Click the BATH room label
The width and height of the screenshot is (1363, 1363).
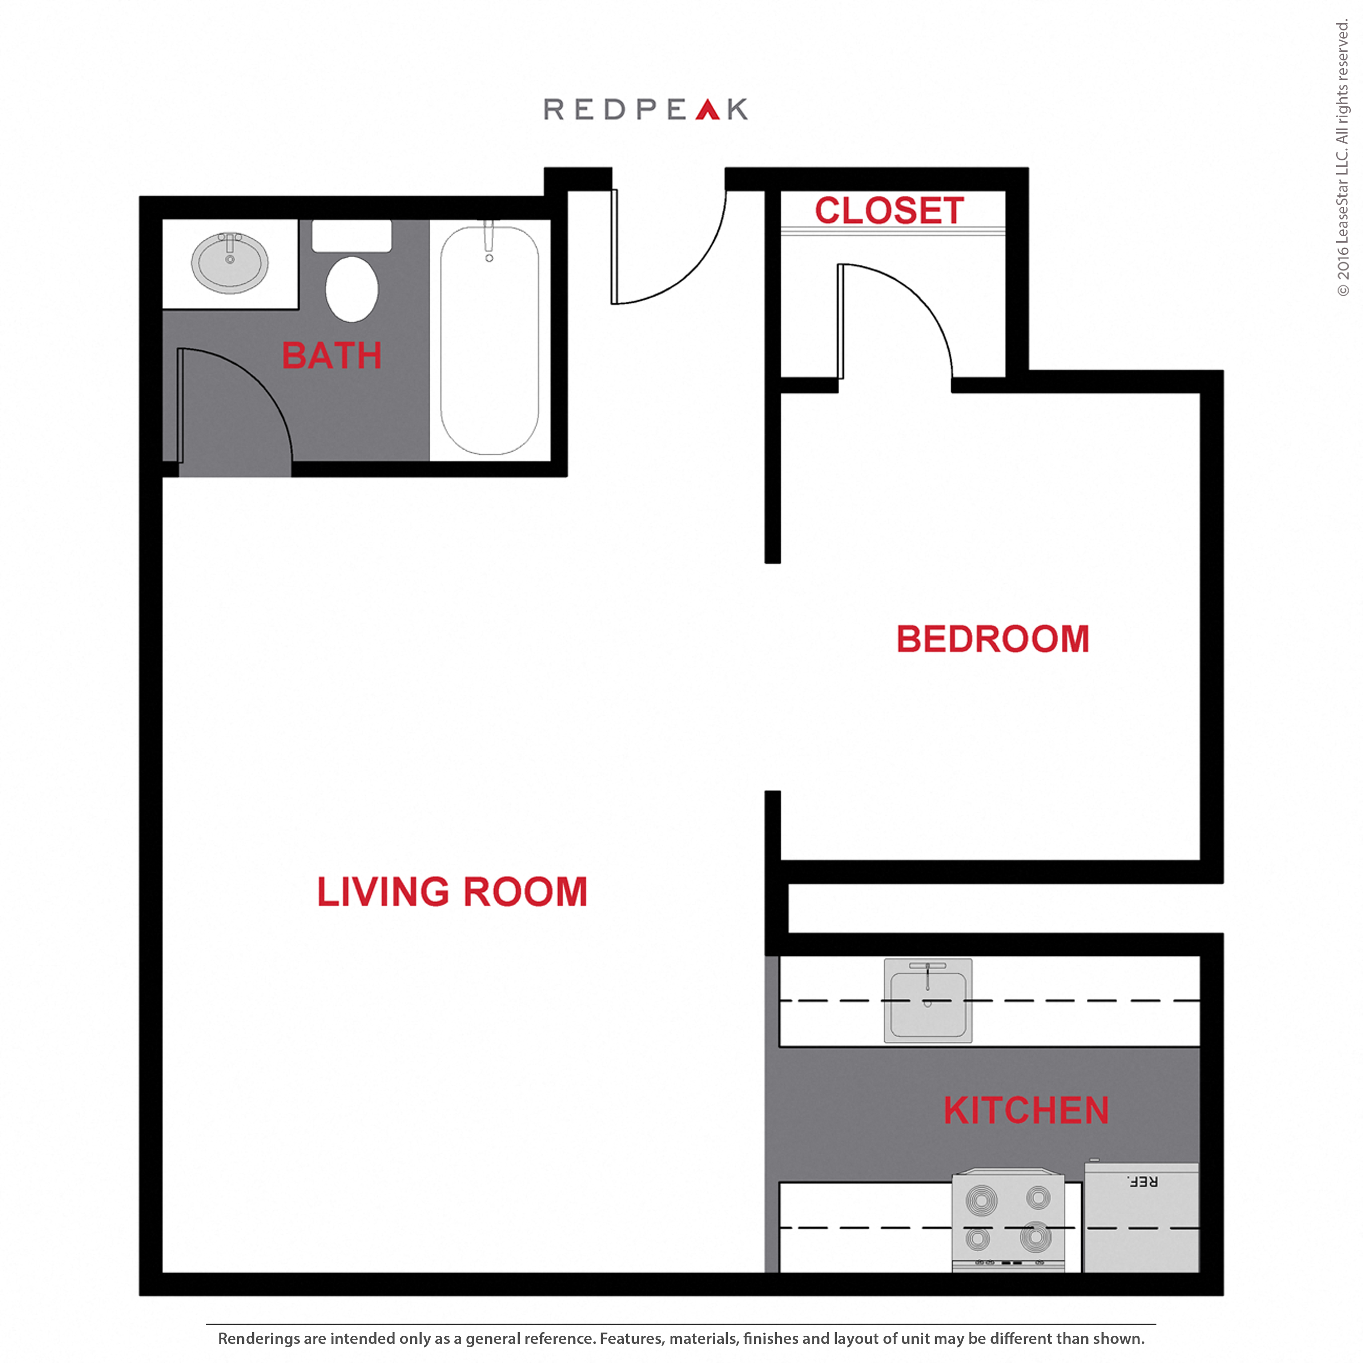332,356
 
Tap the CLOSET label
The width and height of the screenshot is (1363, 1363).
889,210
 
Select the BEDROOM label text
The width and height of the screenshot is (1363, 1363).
993,639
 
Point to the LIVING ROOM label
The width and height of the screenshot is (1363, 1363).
452,892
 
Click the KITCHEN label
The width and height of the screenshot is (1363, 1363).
1026,1110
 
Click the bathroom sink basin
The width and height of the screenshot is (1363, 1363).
230,263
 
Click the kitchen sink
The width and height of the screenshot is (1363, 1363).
928,1000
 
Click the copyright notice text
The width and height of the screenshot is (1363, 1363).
1343,159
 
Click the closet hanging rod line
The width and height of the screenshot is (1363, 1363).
892,231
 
